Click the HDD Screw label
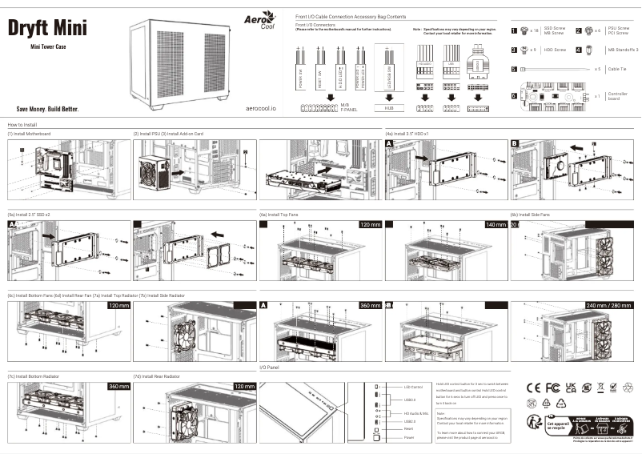pyautogui.click(x=555, y=50)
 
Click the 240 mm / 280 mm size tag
pyautogui.click(x=608, y=306)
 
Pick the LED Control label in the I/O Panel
pyautogui.click(x=414, y=388)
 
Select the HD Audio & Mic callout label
pyautogui.click(x=416, y=412)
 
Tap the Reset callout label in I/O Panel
pyautogui.click(x=409, y=428)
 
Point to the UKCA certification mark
pyautogui.click(x=571, y=388)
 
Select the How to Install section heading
pyautogui.click(x=23, y=125)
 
